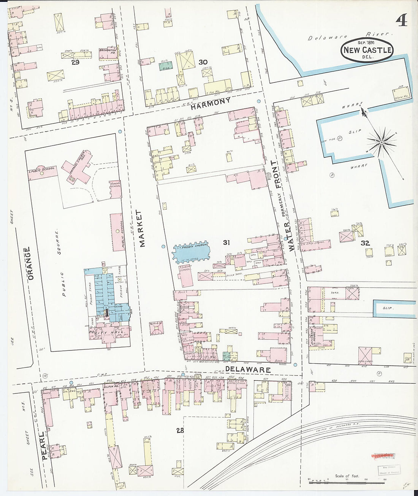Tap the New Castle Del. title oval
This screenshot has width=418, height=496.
(367, 51)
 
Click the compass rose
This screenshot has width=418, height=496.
(381, 142)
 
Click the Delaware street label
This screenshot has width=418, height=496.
(247, 369)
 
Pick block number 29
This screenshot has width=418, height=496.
(76, 62)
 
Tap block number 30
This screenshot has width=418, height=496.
(203, 62)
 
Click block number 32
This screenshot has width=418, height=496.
(365, 243)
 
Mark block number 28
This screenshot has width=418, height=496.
(180, 430)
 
